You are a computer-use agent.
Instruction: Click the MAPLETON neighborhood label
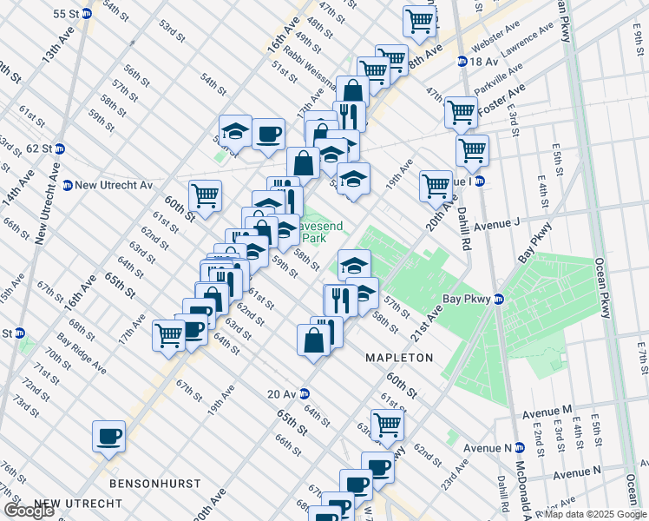(x=398, y=358)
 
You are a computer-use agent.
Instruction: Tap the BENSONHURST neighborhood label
(x=155, y=483)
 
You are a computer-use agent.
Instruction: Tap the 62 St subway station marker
(x=59, y=148)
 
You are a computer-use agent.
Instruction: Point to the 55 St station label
(x=71, y=15)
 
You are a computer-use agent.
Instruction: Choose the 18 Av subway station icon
(x=463, y=62)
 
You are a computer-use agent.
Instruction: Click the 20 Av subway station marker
(x=305, y=393)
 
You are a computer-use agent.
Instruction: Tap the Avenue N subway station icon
(x=519, y=448)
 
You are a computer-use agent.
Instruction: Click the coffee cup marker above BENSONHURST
(x=109, y=436)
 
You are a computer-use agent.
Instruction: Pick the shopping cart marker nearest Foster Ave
(x=461, y=111)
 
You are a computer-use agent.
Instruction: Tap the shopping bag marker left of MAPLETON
(x=313, y=340)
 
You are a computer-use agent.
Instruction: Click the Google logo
(x=29, y=511)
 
